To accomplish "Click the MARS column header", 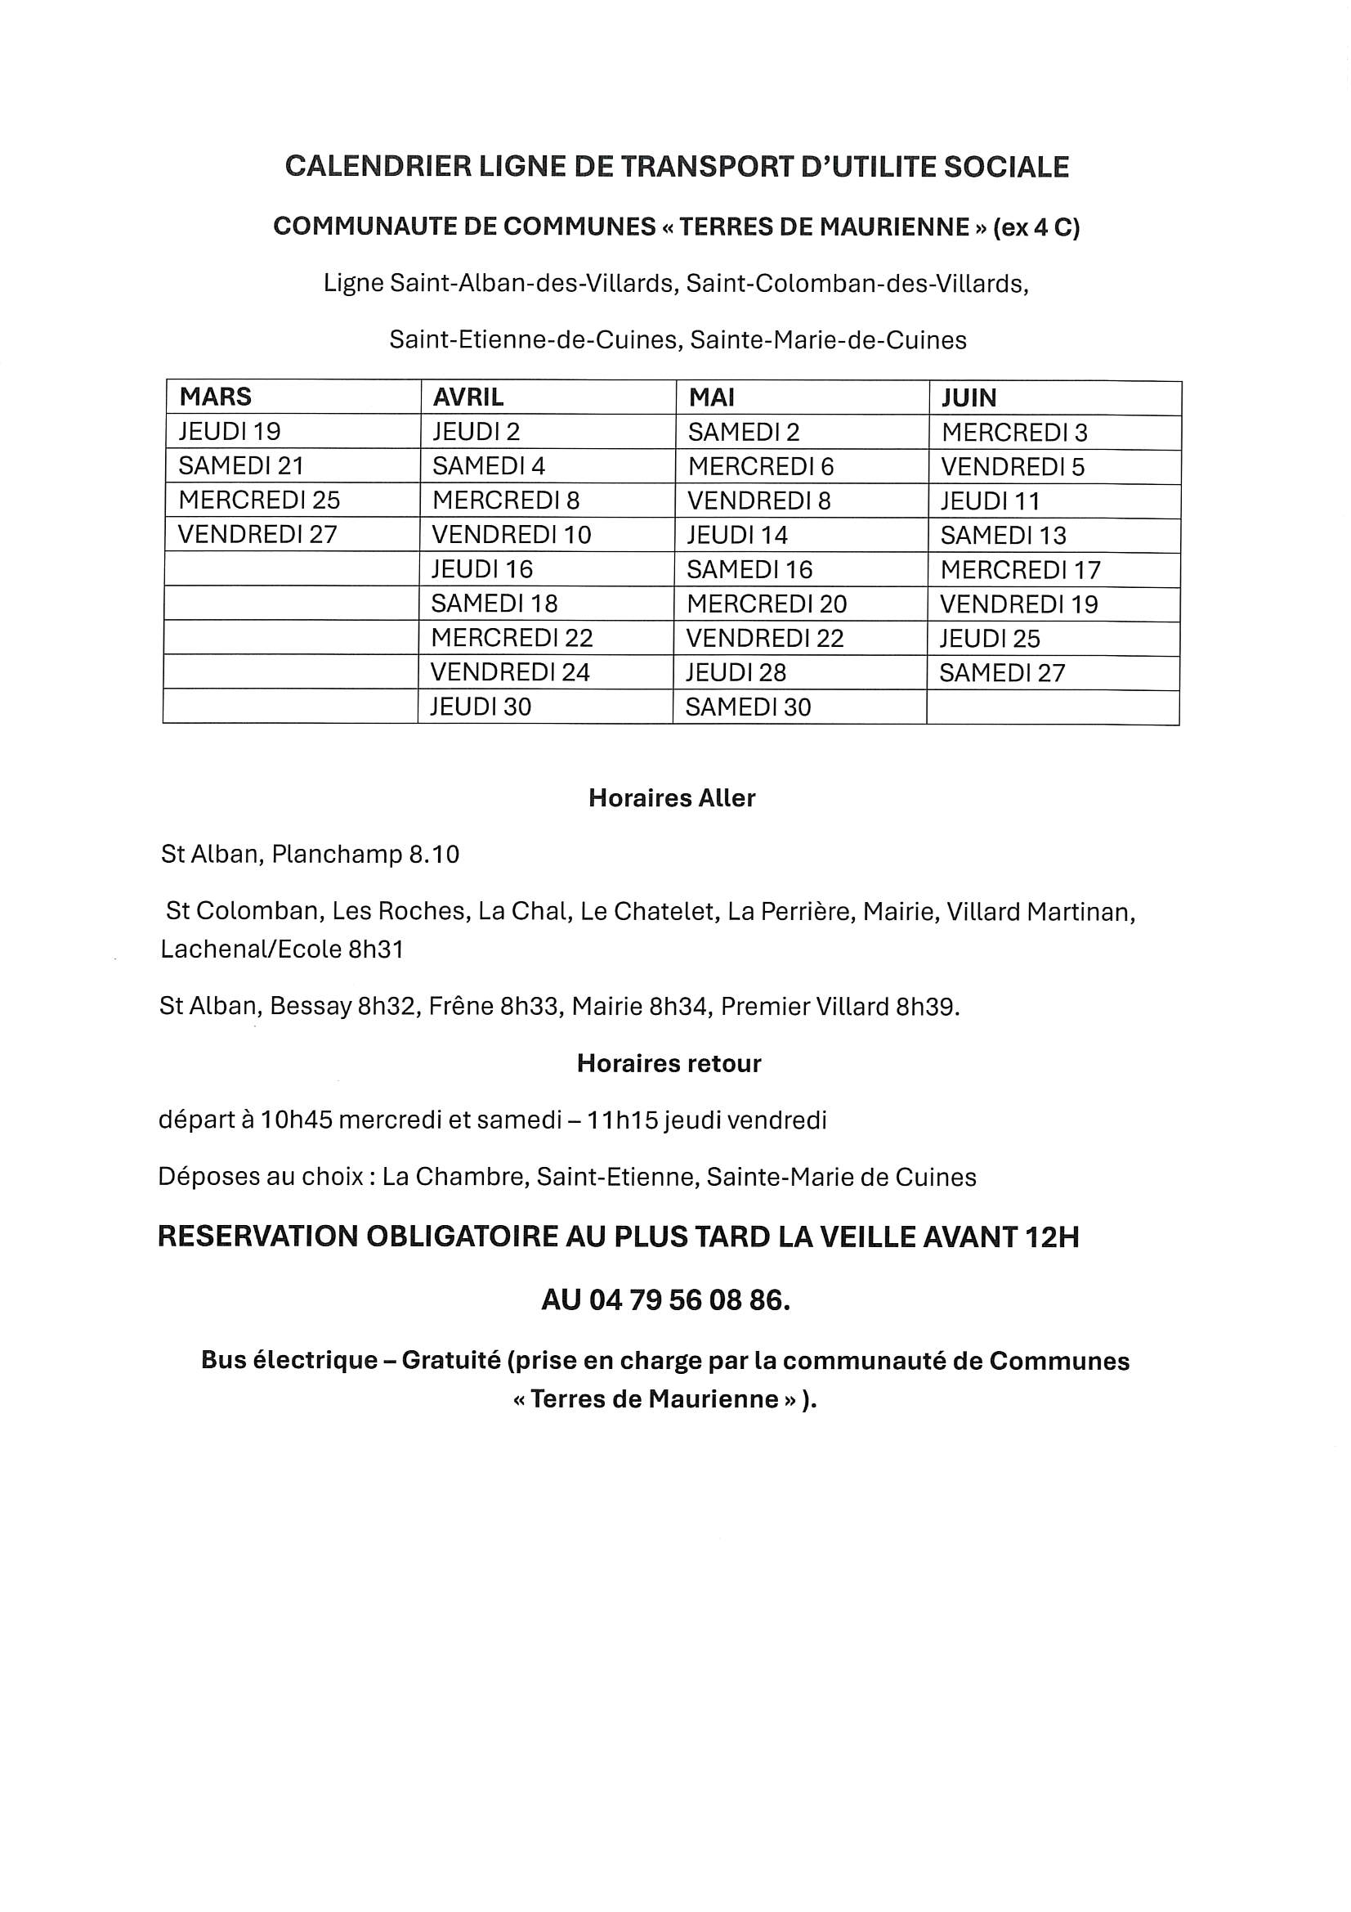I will [x=216, y=397].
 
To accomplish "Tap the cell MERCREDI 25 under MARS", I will [x=259, y=500].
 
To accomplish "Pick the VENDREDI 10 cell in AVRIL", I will [x=511, y=535].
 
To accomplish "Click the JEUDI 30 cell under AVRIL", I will [x=481, y=707].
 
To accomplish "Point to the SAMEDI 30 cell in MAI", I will [x=748, y=707].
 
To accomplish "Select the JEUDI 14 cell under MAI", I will [x=736, y=535].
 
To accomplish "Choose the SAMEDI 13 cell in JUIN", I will [x=1003, y=536].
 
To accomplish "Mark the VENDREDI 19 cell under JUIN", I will [x=1019, y=604].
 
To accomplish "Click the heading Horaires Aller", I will [x=672, y=798].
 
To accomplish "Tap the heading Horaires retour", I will [x=669, y=1063].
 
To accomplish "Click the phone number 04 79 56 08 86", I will [x=689, y=1300].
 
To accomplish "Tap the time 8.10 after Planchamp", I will [x=434, y=855].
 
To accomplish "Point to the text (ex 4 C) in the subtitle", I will [x=1036, y=227].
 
